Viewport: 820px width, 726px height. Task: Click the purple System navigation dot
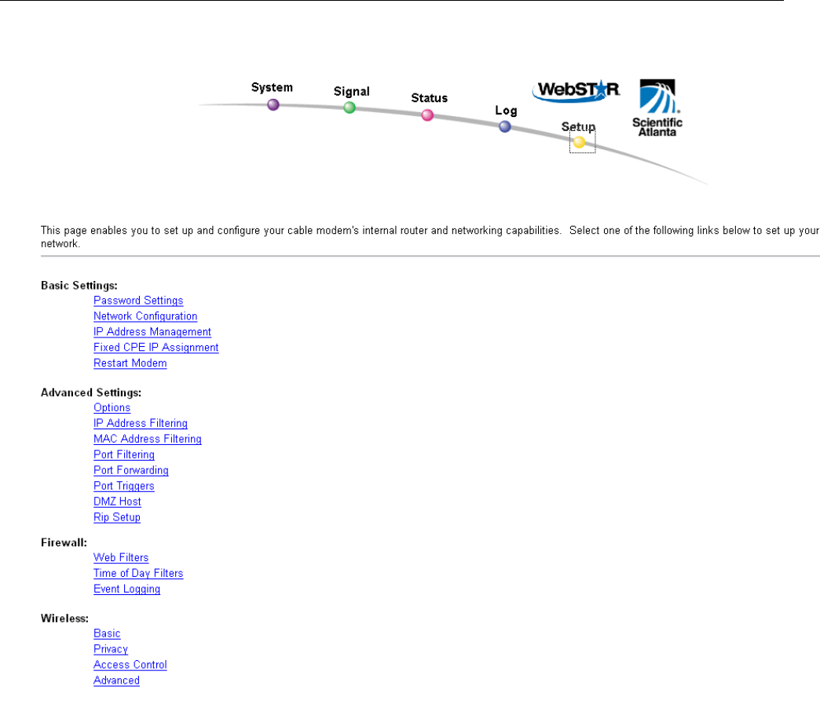(x=273, y=104)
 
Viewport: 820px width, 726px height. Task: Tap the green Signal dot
(x=350, y=108)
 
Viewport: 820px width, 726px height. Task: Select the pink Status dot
(x=427, y=115)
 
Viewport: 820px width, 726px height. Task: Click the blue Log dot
(x=505, y=126)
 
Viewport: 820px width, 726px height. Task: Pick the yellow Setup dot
(x=579, y=142)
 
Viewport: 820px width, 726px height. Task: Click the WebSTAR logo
(x=576, y=90)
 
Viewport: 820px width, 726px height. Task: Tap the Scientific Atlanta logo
(x=657, y=108)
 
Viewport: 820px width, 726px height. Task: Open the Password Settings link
(x=138, y=301)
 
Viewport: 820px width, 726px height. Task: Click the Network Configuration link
(x=145, y=316)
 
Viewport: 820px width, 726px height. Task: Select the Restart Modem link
(x=130, y=363)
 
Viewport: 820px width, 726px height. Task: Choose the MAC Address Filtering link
(x=148, y=440)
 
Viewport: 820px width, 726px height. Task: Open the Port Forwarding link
(x=130, y=471)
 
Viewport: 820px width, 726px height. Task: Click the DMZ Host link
(x=117, y=502)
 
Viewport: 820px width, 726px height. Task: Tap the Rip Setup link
(x=117, y=518)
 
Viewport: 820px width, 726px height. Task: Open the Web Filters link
(x=121, y=558)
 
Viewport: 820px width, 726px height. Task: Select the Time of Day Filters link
(x=138, y=574)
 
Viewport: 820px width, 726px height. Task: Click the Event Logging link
(x=126, y=589)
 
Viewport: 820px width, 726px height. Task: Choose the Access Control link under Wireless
(x=130, y=666)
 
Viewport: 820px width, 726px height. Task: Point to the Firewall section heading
(x=63, y=542)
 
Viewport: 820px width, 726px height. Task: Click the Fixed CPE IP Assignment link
(x=156, y=348)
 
